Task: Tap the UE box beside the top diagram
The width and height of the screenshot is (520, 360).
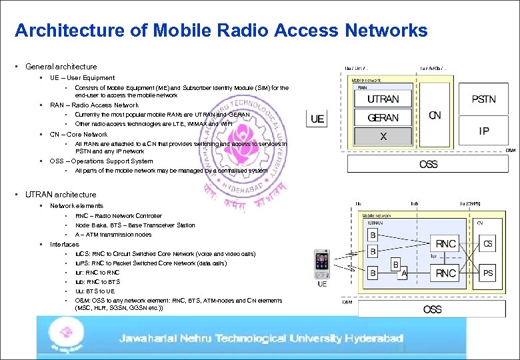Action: click(317, 119)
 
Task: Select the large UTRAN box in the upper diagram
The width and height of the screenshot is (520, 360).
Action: click(383, 99)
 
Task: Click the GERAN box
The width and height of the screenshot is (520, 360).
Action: click(383, 118)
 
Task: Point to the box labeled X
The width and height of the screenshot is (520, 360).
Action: click(383, 136)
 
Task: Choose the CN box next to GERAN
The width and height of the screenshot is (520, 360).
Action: click(435, 115)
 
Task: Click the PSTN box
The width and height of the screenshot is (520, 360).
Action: click(483, 99)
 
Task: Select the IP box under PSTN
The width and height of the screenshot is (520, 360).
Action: click(483, 131)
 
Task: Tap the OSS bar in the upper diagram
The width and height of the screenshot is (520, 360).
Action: click(428, 164)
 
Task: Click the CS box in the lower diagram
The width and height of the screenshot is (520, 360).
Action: click(488, 245)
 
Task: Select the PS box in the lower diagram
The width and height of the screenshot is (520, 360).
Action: click(488, 273)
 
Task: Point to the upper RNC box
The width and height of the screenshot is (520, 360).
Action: click(445, 245)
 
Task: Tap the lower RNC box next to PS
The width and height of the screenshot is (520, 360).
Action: click(445, 273)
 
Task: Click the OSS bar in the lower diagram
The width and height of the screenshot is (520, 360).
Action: click(432, 309)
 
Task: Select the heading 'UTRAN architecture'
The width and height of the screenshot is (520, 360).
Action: click(61, 195)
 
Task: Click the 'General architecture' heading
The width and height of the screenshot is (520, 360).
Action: click(61, 67)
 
